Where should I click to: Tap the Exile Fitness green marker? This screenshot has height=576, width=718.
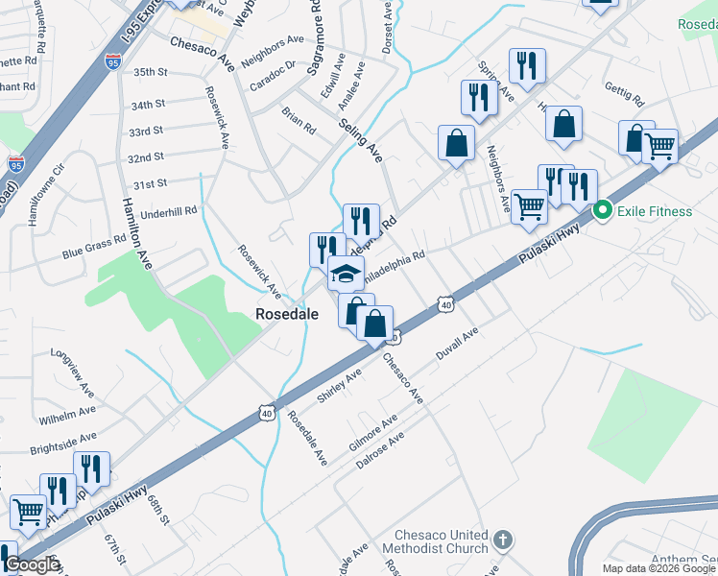(x=604, y=209)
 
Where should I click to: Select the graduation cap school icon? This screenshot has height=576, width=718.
(x=346, y=275)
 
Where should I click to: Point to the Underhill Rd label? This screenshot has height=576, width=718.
(x=168, y=209)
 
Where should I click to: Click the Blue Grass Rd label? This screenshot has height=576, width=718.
(x=94, y=247)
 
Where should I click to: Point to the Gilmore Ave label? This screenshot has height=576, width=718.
(x=373, y=435)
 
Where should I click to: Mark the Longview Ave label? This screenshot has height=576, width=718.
(x=75, y=364)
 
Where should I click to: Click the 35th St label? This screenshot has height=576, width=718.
(x=150, y=72)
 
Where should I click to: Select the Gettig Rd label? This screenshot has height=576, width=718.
(x=623, y=93)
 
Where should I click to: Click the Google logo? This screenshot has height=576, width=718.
(x=33, y=565)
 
